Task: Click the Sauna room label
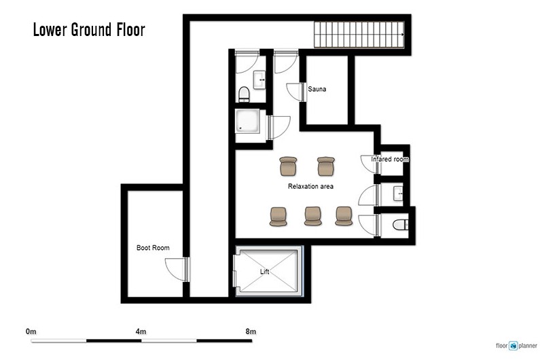(317, 89)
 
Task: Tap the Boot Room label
(153, 248)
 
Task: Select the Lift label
(264, 272)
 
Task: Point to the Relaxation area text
(310, 186)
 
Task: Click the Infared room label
(390, 159)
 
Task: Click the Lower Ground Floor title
(89, 30)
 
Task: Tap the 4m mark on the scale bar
(141, 331)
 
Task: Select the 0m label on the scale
(31, 331)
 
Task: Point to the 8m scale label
(251, 331)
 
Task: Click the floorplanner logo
(516, 346)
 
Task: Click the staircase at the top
(359, 35)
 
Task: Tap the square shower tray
(248, 122)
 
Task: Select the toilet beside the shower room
(244, 94)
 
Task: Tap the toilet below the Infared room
(401, 225)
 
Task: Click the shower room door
(279, 127)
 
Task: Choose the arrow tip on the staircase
(404, 35)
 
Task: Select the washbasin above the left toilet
(259, 79)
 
